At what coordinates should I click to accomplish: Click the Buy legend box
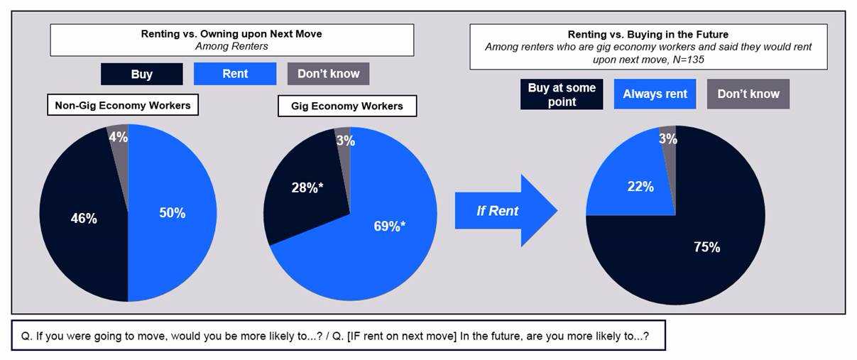point(141,74)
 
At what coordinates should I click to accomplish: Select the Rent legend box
point(235,73)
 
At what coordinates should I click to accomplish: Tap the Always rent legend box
point(655,94)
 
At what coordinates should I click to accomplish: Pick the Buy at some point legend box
point(562,94)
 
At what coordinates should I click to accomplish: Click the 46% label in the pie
point(84,219)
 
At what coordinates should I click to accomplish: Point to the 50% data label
point(172,213)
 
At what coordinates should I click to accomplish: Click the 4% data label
point(119,137)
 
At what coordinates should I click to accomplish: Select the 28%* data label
point(307,187)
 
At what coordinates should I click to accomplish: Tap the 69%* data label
point(390,226)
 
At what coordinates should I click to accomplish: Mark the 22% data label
point(640,186)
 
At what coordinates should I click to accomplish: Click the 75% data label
point(707,247)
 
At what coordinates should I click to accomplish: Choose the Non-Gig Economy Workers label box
point(123,105)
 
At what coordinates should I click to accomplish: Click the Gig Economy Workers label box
point(347,106)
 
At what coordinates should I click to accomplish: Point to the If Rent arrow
point(506,210)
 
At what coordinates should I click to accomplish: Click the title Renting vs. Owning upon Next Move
point(231,33)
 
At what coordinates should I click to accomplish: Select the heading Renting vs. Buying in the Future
point(648,34)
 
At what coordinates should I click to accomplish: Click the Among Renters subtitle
point(231,46)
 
